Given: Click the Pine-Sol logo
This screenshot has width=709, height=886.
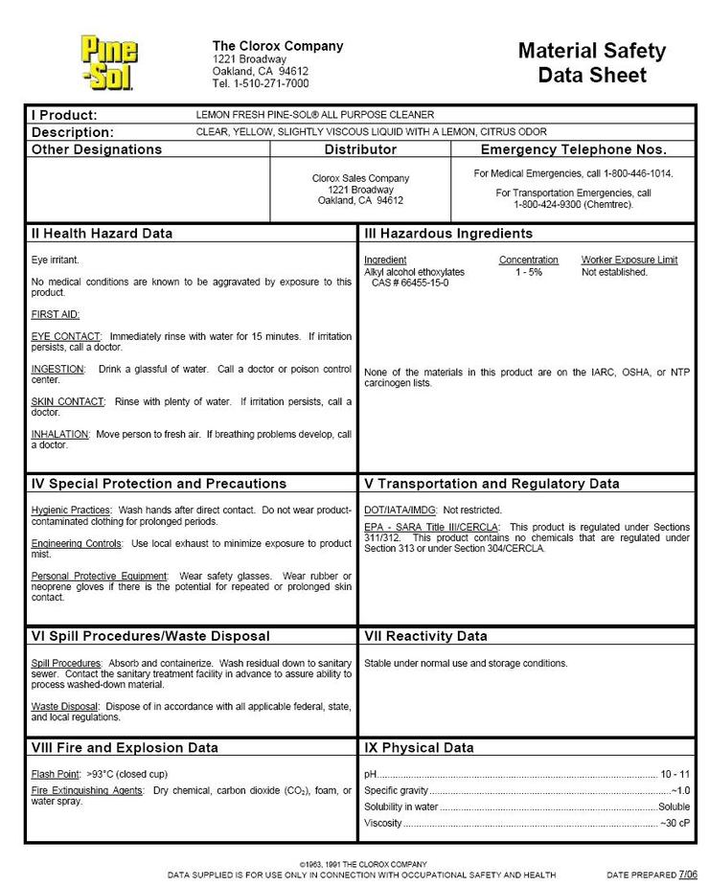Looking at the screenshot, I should pos(108,62).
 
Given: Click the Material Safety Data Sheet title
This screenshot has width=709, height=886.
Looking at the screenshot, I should pos(591,63).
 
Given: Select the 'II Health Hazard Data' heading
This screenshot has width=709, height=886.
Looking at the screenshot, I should pos(102,234).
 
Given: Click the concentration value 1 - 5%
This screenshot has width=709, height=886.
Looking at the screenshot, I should pos(528,272).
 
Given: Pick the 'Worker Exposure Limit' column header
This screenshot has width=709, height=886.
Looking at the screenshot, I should pos(629,260).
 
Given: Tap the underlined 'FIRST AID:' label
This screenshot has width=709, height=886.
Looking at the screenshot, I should pos(56,314).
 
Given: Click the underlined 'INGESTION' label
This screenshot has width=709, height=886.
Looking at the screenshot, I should pos(57,369).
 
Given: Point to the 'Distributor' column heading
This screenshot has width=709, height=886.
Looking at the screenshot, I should pos(360,150).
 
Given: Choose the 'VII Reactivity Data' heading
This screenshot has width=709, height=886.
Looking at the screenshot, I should pos(425,636).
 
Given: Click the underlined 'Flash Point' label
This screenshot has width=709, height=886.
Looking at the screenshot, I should pos(56,773).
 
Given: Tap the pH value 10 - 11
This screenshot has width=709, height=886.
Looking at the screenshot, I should pos(674,773).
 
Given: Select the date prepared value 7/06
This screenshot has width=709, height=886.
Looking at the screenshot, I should pos(688,874).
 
